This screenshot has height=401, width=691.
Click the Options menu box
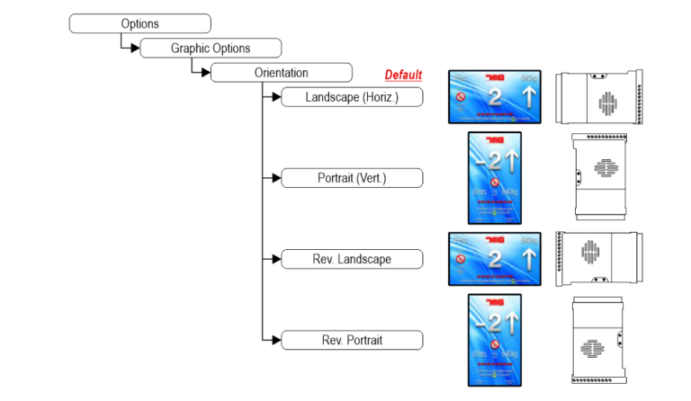pos(139,23)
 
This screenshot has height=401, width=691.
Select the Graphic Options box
pos(211,48)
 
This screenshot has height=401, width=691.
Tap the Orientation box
pos(281,73)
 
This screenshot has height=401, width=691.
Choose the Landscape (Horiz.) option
pos(352,97)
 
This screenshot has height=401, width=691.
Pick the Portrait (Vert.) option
pos(352,178)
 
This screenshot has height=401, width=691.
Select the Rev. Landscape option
pos(352,259)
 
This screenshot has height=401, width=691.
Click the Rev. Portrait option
pos(352,340)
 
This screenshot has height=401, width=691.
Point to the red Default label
pos(403,76)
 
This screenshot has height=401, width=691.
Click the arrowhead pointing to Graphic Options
pos(135,49)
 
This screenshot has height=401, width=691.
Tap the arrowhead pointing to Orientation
pos(205,73)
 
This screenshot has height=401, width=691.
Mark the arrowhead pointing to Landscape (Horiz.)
pos(275,97)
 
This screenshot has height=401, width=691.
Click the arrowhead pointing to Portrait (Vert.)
pos(275,178)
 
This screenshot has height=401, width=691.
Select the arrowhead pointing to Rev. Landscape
pos(275,259)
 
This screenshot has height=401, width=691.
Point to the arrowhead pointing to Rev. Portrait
pos(275,340)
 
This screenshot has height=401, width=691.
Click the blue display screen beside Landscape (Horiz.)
pos(494,97)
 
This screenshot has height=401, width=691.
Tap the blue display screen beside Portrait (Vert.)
pos(494,177)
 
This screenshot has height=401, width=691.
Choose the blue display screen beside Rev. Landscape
pos(494,259)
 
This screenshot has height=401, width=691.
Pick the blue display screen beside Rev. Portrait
pos(494,340)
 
